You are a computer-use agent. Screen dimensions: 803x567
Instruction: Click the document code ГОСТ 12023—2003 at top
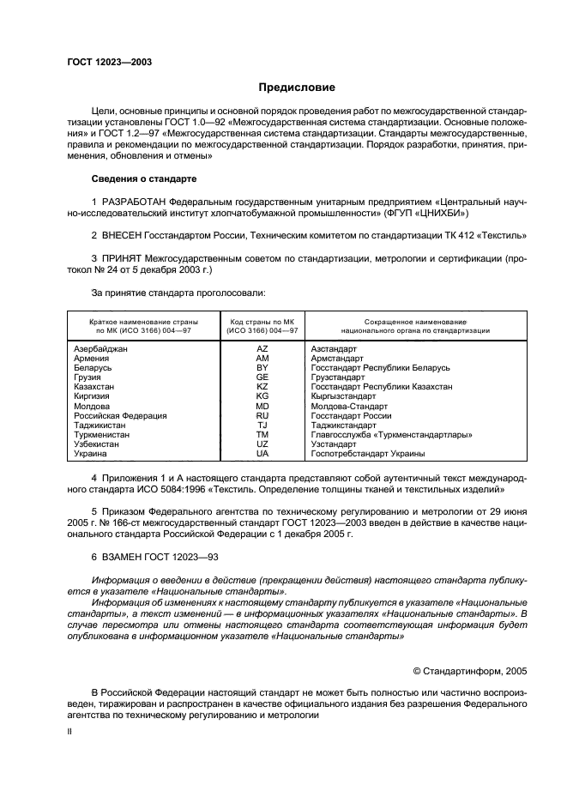[110, 63]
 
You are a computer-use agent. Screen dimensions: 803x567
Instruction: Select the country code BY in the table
[262, 367]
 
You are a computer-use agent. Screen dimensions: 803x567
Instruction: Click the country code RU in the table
[262, 415]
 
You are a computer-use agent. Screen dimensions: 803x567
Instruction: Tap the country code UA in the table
[262, 454]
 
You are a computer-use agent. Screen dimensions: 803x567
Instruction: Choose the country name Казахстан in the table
[94, 387]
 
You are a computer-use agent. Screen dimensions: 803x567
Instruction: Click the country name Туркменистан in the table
[101, 435]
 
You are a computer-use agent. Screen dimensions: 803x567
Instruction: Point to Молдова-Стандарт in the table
[348, 406]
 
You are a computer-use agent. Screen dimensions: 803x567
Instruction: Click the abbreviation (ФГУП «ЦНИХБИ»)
[425, 211]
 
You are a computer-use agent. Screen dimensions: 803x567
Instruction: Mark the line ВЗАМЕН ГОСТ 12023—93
[154, 557]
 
